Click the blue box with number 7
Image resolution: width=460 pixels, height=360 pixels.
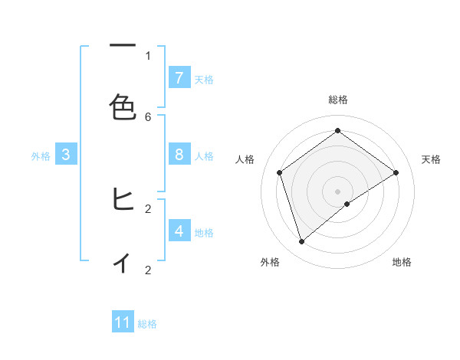point(179,78)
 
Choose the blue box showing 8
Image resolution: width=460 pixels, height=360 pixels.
point(179,155)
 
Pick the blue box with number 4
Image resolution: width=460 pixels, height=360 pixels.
point(179,231)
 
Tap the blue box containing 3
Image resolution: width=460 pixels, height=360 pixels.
point(66,155)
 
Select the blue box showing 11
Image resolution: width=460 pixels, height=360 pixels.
point(123,322)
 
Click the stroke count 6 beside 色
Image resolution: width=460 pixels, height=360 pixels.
point(148,116)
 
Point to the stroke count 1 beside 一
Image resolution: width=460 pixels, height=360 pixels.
point(148,55)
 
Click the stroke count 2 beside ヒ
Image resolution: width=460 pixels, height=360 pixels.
point(148,208)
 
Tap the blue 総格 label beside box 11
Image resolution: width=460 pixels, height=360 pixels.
point(147,324)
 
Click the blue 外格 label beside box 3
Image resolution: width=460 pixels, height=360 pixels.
point(41,156)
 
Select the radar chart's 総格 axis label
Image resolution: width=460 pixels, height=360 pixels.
point(338,100)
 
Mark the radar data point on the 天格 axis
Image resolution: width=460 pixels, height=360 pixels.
point(396,172)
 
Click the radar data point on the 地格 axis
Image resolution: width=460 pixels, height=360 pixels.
point(347,204)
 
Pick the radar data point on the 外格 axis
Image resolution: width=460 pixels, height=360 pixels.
point(301,242)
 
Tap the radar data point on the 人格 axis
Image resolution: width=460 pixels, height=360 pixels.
point(280,172)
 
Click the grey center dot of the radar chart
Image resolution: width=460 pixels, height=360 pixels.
point(338,191)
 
